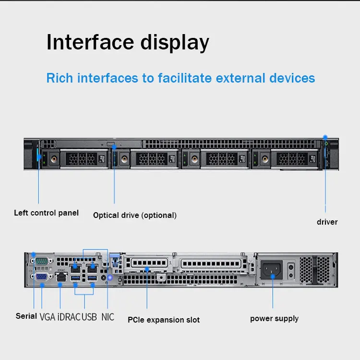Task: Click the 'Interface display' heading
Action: pos(128,42)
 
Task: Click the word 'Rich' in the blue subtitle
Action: pos(60,78)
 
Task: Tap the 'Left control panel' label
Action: pos(46,213)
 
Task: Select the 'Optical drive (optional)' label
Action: pos(135,215)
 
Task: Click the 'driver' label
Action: pos(327,222)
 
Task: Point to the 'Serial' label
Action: pos(26,316)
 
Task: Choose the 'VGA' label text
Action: pos(48,317)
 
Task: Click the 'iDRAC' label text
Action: pos(69,317)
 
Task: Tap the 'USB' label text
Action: pos(89,317)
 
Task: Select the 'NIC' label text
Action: pos(108,317)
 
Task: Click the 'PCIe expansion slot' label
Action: pos(164,320)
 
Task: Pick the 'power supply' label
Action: pos(274,318)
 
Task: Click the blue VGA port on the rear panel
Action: pos(41,276)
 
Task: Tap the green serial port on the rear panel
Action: pos(41,261)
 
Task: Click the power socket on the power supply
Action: pos(272,270)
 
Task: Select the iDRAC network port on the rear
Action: pos(61,277)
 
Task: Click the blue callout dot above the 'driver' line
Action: pos(325,138)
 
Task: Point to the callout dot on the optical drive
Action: pos(114,147)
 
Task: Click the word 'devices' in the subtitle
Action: pos(292,78)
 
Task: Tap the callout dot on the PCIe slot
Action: pos(147,269)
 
